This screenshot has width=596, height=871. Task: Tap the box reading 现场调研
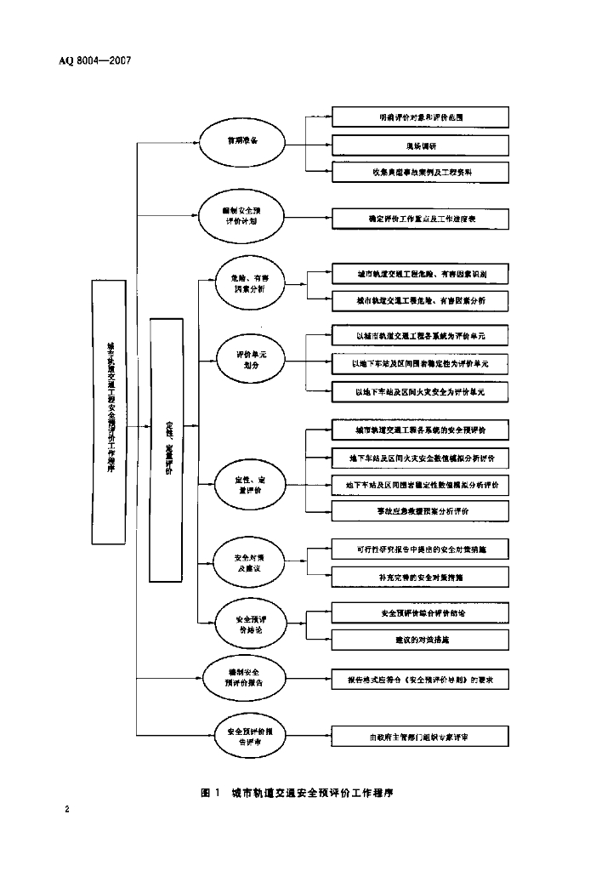pos(421,145)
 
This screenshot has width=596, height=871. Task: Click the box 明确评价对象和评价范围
pos(421,117)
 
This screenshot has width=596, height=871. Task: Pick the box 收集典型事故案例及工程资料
pos(421,172)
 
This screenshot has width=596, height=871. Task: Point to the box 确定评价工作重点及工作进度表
pos(421,219)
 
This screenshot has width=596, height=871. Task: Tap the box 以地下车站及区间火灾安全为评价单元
pos(421,392)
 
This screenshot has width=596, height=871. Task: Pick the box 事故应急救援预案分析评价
pos(421,511)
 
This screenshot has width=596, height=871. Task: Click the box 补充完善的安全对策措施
pos(421,577)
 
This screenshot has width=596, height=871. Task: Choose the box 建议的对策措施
pos(421,639)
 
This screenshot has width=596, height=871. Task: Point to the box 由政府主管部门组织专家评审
pos(421,736)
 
